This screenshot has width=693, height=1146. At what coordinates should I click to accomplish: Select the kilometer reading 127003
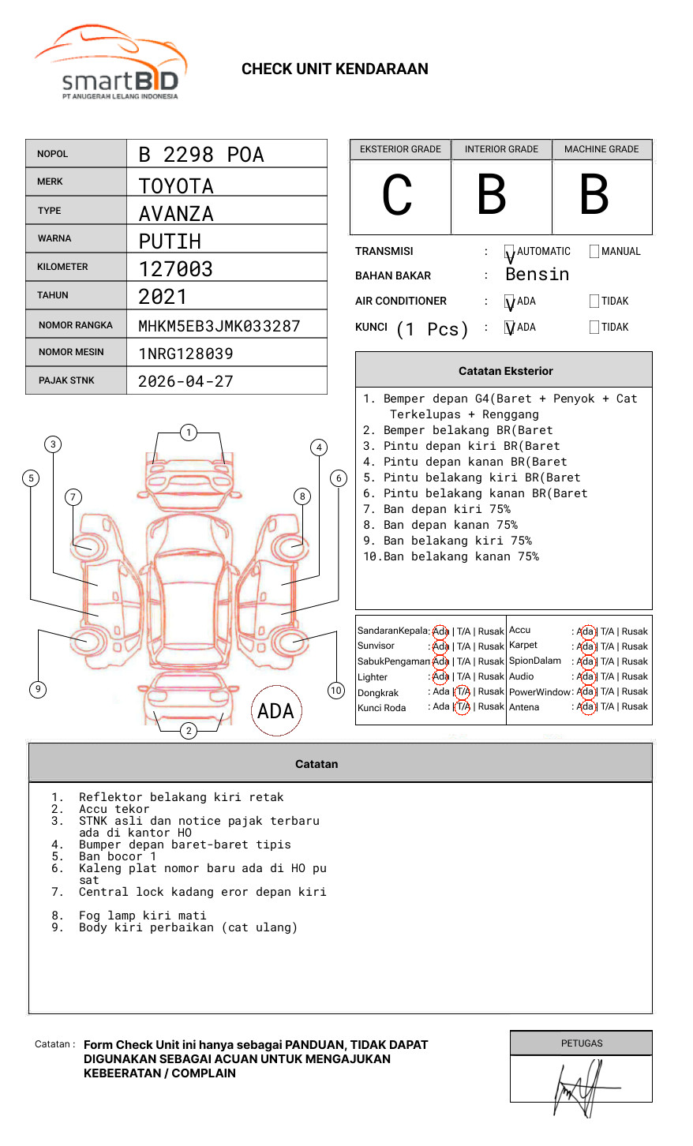point(175,269)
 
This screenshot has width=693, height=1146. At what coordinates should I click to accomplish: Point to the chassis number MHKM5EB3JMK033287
point(219,326)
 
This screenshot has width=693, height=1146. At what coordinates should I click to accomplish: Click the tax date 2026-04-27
point(185,381)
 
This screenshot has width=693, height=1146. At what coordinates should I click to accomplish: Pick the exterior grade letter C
point(397,196)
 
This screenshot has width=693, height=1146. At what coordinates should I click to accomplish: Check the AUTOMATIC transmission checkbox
point(510,252)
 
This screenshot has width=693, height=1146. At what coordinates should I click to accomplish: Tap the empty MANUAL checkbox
point(594,252)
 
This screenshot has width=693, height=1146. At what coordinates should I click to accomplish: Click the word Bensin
point(537,275)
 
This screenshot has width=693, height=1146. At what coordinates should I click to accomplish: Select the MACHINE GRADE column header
point(601,149)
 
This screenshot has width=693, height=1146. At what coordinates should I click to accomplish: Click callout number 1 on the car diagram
point(188,433)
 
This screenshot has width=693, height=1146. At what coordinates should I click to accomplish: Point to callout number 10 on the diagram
point(336,691)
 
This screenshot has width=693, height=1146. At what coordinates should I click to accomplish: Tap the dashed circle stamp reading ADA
point(275,711)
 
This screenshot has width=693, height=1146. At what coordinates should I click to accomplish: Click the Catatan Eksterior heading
point(505,371)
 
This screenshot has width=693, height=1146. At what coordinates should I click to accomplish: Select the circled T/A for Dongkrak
point(463,691)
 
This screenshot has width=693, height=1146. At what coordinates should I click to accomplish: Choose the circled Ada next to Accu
point(586,631)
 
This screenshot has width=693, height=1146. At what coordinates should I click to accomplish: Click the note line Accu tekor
point(114,809)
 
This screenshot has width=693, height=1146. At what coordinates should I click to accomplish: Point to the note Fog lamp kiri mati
point(142,916)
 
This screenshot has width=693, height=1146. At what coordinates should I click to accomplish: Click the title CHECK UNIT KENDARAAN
point(335,69)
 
